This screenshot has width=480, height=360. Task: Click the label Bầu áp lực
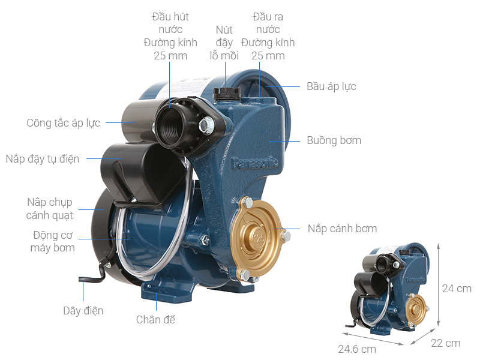(x=331, y=86)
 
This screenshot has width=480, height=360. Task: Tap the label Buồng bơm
(x=334, y=140)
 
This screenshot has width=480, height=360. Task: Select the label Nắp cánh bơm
(x=342, y=229)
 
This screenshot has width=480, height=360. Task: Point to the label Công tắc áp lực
(x=64, y=123)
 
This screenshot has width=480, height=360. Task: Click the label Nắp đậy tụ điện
(x=43, y=159)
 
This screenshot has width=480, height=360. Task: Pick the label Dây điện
(x=83, y=311)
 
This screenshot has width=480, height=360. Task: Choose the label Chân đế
(x=155, y=320)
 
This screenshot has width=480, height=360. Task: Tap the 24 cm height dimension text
(x=457, y=289)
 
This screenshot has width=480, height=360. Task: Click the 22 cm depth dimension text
(x=445, y=343)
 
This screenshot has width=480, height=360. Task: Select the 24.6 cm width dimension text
(x=357, y=349)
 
